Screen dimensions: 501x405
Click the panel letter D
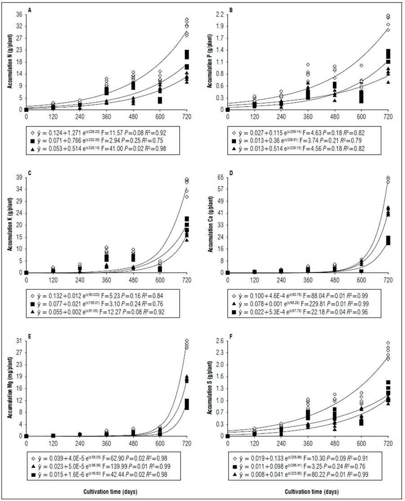(231, 172)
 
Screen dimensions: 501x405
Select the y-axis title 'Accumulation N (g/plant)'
(8, 60)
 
